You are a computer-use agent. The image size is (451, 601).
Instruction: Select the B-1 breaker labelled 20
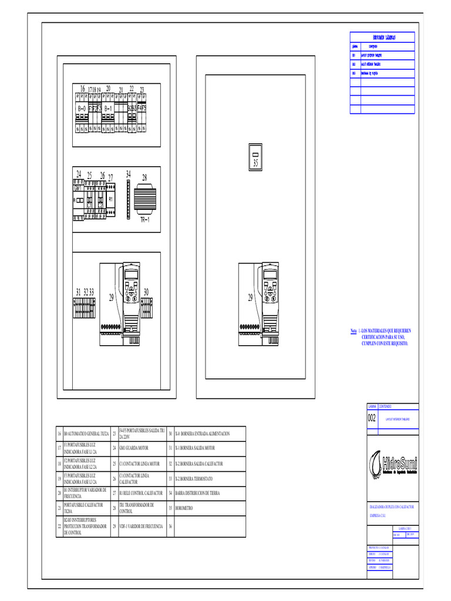coord(108,110)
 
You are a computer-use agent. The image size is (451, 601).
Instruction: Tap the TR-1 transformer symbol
coord(144,200)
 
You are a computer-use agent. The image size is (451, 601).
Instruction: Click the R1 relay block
coord(110,200)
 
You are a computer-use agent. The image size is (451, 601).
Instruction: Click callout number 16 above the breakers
coord(83,89)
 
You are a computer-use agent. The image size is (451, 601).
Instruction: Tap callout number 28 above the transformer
coord(144,177)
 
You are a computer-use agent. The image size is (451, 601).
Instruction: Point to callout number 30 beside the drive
coord(146,292)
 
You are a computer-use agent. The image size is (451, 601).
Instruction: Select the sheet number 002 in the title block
coord(372,418)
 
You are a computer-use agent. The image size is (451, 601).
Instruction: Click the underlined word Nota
coord(354,332)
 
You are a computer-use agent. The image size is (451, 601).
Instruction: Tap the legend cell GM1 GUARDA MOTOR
coord(139,448)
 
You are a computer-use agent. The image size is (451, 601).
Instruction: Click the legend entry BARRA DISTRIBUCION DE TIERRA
coord(197,493)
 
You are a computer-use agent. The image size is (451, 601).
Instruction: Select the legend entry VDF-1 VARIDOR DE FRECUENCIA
coord(141,526)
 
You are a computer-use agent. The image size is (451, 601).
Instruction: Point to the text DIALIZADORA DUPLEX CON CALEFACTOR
coord(391,506)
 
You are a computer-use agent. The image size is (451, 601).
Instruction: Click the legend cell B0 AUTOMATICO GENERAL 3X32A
coord(86,433)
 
